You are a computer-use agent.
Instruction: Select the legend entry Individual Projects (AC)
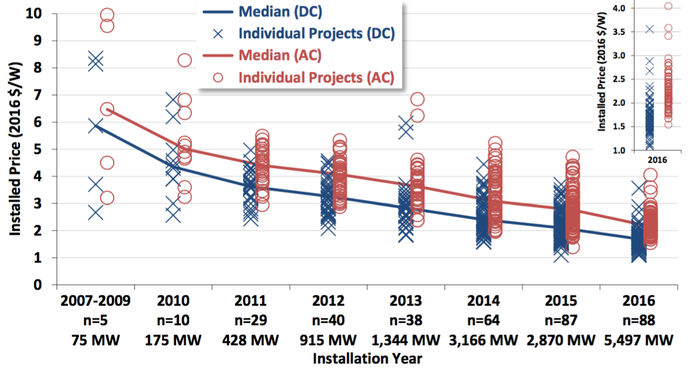316,77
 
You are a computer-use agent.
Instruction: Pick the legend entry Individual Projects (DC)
316,33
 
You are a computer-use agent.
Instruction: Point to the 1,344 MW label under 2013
406,341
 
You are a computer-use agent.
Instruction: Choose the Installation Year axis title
367,358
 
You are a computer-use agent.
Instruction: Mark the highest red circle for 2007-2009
107,15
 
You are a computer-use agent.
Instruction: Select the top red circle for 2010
184,60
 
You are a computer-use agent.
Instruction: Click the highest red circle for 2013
417,99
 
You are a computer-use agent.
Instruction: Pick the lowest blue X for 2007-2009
96,213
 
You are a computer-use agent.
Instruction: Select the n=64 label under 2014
483,321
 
